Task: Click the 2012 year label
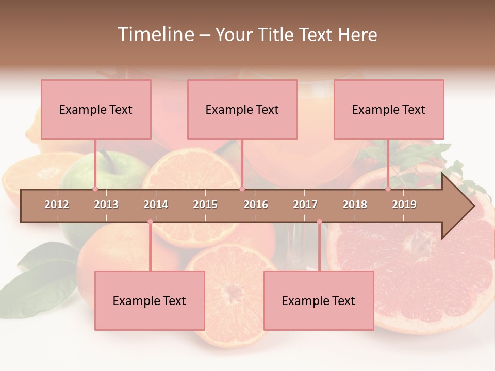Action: click(x=57, y=205)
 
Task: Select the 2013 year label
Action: click(x=106, y=205)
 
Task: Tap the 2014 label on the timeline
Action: click(x=156, y=205)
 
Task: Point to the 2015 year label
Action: click(x=205, y=205)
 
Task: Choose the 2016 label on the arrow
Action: click(x=256, y=205)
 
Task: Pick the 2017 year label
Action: click(x=305, y=205)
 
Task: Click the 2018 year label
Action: click(x=355, y=205)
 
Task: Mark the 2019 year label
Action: click(x=404, y=205)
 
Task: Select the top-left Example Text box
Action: click(x=96, y=109)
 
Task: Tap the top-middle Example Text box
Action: click(x=242, y=109)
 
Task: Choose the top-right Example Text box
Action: click(x=389, y=109)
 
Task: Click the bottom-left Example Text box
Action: click(x=150, y=300)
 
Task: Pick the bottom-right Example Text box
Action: click(x=319, y=300)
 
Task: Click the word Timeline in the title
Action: click(x=155, y=35)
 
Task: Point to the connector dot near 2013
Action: click(x=95, y=189)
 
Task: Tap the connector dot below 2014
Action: click(x=150, y=222)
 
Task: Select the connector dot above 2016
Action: click(x=242, y=189)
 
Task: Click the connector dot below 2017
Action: click(x=319, y=222)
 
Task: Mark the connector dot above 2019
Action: click(x=388, y=189)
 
